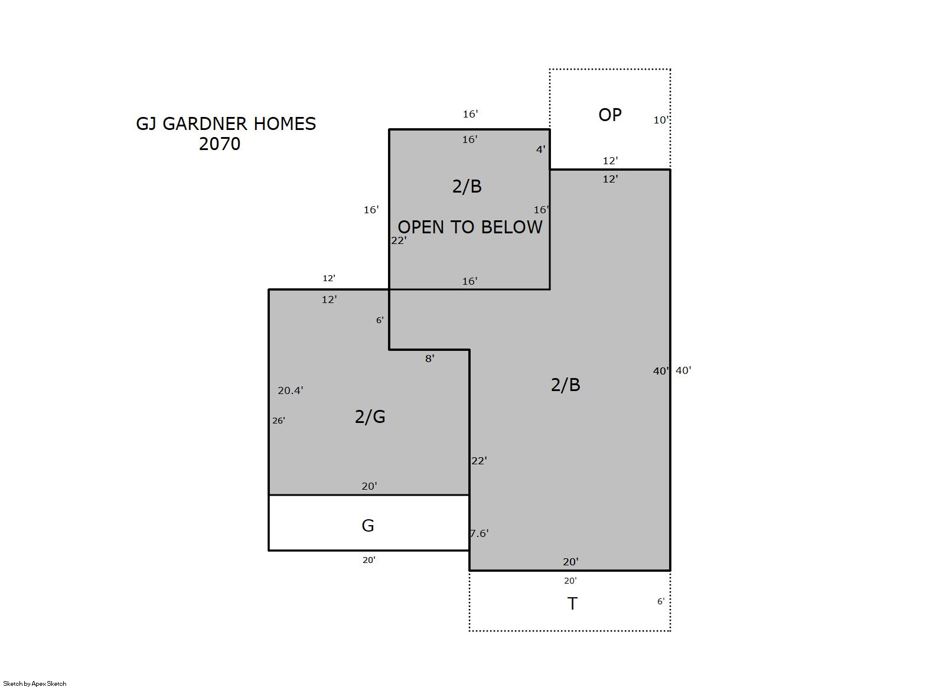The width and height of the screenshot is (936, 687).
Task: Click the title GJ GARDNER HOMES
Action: pos(226,123)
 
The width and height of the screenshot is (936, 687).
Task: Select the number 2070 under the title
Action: pos(220,144)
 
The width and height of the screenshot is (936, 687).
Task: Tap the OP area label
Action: pos(610,115)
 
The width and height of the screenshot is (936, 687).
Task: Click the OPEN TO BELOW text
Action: pos(470,227)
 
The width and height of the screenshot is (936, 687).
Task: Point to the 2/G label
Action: pos(370,416)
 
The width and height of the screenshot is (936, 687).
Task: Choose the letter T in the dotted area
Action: pos(572,604)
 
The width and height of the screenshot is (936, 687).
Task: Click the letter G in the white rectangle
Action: pos(368,526)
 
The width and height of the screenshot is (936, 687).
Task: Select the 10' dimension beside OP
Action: pos(661,121)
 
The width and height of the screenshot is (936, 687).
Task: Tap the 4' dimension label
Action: pos(541,149)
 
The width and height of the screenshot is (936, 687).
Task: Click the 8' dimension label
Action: pos(429,359)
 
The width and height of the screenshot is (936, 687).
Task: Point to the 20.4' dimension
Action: pos(291,390)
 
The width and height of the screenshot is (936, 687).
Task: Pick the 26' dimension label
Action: pos(279,421)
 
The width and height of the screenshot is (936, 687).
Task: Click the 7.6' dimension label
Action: pos(480,533)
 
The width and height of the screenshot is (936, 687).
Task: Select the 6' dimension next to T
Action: pos(661,601)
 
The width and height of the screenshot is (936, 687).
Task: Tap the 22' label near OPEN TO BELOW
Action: pos(399,240)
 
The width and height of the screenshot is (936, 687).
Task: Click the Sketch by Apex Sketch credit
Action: pos(35,683)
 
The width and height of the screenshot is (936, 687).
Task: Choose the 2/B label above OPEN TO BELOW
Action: pos(467,187)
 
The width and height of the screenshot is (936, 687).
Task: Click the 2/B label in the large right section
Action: pos(566,385)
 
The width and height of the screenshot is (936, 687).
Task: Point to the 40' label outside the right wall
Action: pos(683,370)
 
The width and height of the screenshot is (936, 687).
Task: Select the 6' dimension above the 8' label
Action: pos(380,320)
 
